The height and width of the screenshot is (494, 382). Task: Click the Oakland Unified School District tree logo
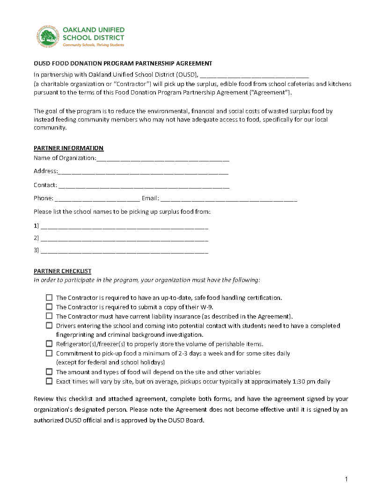(48, 36)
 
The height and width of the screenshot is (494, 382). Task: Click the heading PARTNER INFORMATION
(68, 148)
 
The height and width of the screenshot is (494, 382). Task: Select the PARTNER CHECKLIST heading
(62, 271)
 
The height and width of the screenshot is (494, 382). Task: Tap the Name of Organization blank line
(162, 159)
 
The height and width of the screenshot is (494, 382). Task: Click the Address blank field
(143, 172)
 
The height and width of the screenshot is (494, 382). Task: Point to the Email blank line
(228, 199)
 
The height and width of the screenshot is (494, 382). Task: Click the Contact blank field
(144, 186)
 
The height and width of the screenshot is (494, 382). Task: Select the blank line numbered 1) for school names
(124, 226)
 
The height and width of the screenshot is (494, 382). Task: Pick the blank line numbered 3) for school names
(124, 251)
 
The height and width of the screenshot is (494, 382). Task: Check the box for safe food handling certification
(49, 298)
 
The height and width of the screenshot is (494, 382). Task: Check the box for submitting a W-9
(49, 307)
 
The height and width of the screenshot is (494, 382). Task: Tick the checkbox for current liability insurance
(49, 316)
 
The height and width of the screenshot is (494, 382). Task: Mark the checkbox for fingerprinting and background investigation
(49, 326)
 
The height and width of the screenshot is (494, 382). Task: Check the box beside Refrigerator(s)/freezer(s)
(49, 344)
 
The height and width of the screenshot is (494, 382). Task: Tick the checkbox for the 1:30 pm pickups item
(49, 381)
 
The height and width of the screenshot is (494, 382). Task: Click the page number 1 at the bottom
(346, 479)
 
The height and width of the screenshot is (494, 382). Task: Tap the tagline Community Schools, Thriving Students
(94, 45)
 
